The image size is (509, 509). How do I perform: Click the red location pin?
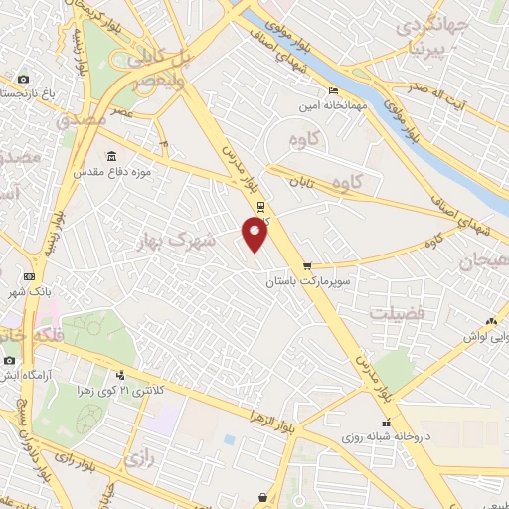point(255,234)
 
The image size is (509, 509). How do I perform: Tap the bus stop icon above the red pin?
point(260,207)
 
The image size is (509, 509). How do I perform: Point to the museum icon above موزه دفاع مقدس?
point(110,157)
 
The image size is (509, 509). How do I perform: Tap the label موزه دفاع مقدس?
point(111,172)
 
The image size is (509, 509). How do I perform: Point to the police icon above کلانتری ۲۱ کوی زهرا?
point(120,376)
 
